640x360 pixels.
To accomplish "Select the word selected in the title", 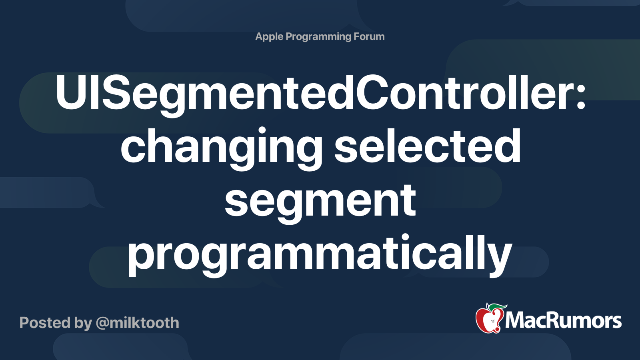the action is (427, 145).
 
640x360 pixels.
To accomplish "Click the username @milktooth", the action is (138, 323).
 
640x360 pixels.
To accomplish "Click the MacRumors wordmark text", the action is (563, 321).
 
